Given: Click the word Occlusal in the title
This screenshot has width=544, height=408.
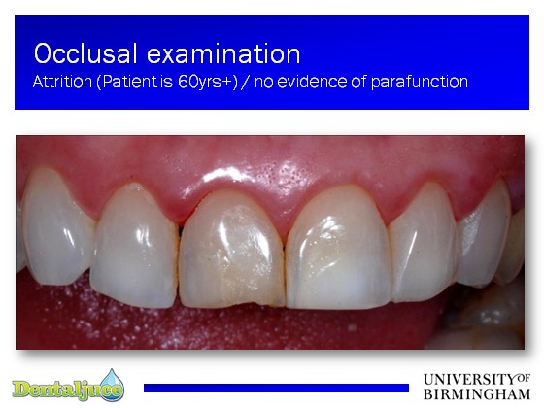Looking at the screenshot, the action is click(85, 53).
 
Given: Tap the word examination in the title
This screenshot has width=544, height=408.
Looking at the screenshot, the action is click(223, 53).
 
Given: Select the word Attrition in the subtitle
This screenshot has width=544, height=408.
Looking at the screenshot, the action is click(62, 82).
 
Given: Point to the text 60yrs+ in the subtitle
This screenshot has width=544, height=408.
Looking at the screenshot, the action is click(208, 82).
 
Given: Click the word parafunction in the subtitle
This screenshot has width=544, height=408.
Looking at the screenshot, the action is click(420, 83).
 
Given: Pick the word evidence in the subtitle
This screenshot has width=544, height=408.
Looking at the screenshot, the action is click(311, 82).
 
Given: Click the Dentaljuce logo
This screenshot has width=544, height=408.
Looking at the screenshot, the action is click(68, 386).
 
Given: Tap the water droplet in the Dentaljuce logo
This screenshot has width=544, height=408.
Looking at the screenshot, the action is click(113, 384).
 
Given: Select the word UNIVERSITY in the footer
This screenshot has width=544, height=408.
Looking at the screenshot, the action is click(470, 379).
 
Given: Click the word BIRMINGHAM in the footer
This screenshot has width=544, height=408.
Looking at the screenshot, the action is click(477, 394).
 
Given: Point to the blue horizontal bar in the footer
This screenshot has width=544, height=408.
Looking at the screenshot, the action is click(276, 388).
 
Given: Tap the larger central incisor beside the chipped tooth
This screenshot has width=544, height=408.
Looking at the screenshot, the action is click(339, 247).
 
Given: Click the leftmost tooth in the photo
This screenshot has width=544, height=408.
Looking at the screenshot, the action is click(56, 227).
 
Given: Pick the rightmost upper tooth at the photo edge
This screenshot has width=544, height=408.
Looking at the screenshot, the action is click(515, 243).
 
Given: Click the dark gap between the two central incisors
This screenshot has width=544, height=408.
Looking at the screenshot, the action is click(284, 248).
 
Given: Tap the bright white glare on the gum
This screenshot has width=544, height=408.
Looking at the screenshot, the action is click(222, 174).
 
